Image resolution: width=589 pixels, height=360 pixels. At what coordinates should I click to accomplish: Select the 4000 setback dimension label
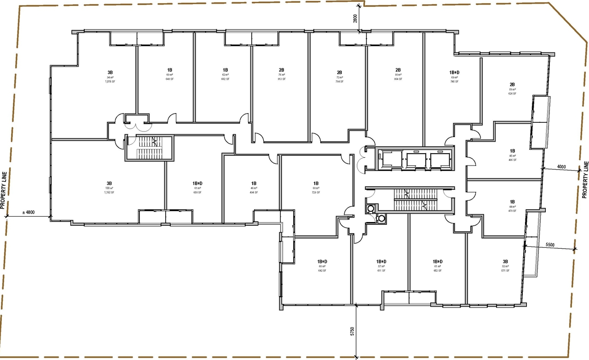[560, 166]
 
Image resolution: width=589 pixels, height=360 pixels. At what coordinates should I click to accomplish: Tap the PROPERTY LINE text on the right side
[585, 179]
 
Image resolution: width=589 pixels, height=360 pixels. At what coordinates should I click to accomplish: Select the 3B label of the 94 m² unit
[110, 72]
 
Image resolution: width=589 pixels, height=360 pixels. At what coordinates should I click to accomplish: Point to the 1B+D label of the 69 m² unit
[455, 72]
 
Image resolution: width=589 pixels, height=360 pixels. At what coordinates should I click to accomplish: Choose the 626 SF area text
[512, 93]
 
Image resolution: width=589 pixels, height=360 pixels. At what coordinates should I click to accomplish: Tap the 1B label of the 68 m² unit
[316, 183]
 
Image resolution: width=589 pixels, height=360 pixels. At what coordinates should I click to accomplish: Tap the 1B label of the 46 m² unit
[254, 183]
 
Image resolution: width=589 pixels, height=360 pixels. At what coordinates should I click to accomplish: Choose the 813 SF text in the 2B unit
[281, 79]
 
